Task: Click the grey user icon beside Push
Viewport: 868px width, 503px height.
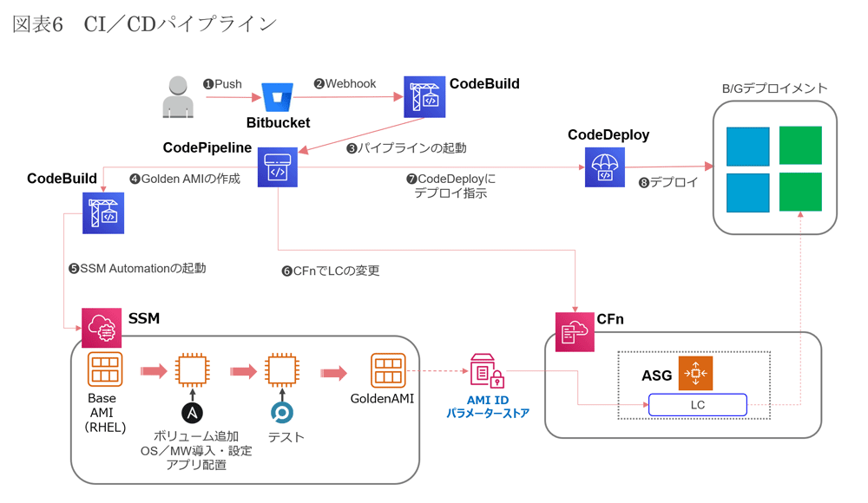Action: click(x=177, y=96)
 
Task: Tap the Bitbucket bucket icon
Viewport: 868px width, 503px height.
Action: click(x=278, y=97)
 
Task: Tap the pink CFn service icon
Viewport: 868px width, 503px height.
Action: click(x=575, y=332)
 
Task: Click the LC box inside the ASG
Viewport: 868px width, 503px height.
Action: click(x=697, y=405)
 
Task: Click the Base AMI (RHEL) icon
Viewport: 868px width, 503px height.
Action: click(x=105, y=369)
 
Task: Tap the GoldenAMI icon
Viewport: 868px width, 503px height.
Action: click(x=388, y=370)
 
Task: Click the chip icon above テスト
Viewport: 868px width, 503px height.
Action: click(x=281, y=371)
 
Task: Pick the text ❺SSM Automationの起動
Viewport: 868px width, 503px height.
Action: click(x=138, y=269)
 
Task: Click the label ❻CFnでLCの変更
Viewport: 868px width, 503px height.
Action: click(x=331, y=271)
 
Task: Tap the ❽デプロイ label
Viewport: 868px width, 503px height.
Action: click(x=668, y=183)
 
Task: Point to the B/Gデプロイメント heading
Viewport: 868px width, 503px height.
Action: click(x=775, y=88)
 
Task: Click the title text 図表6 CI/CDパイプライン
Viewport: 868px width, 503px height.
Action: click(x=144, y=24)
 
